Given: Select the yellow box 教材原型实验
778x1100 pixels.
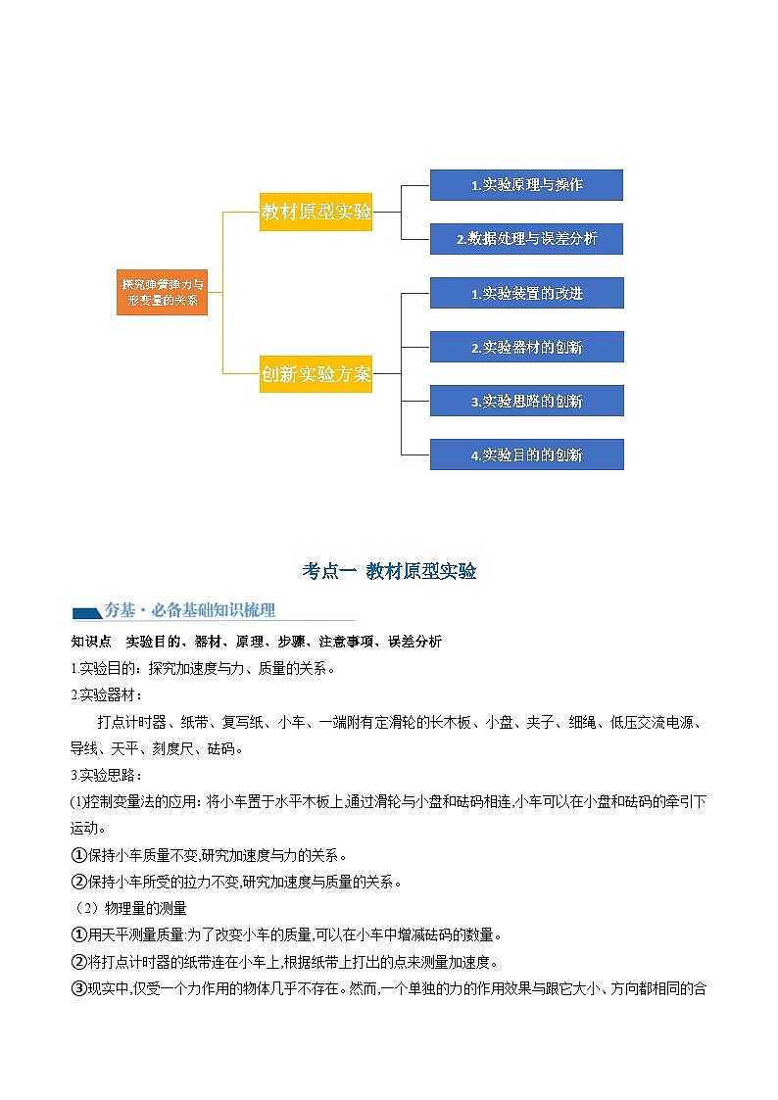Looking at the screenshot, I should pos(316,212).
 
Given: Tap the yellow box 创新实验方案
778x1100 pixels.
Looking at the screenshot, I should pos(316,373).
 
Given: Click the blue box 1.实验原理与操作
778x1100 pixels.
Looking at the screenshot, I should pos(526,185).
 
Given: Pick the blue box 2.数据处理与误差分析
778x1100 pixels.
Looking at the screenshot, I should pos(526,239).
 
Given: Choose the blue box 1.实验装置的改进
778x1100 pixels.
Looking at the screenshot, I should pos(526,293).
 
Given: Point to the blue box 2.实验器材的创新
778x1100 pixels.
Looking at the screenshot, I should pos(526,347).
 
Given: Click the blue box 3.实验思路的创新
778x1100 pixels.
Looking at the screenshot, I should pos(526,401).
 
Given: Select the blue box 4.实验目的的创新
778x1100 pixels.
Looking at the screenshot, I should pos(526,454).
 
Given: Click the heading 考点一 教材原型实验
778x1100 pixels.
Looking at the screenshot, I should pos(389,571).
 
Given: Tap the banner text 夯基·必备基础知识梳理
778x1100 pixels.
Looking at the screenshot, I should pos(190,610).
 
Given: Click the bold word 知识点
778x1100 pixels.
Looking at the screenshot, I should pos(90,642).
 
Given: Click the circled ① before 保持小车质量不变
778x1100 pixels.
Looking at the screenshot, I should pos(79,855).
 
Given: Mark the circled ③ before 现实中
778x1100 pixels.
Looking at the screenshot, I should pos(79,988).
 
